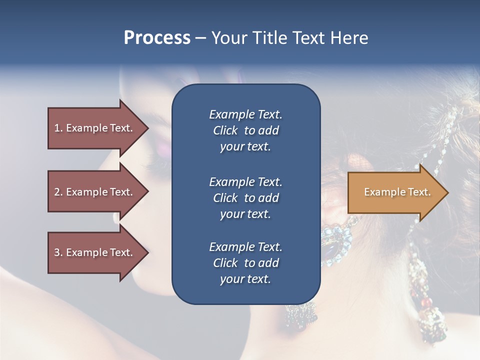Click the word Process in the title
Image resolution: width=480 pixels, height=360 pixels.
tap(157, 38)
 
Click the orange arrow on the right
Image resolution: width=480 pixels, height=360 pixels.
tap(395, 192)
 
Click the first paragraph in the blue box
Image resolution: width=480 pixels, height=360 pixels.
tap(245, 130)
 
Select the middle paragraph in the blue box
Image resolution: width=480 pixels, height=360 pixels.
tap(245, 198)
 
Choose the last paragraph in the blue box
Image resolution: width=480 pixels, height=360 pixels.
tap(245, 263)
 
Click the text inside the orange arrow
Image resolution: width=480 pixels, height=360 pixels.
tap(397, 192)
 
